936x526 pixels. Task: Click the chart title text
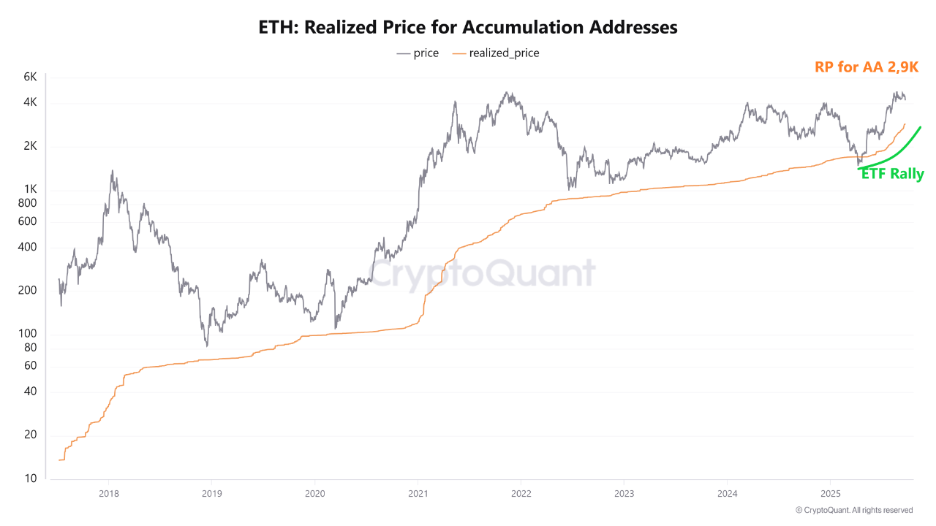pos(468,28)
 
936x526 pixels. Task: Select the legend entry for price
pos(418,53)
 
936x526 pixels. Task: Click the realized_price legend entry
pos(497,53)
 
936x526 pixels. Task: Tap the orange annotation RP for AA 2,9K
pos(866,67)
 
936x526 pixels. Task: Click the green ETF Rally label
pos(892,175)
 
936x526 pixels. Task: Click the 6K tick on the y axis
pos(30,77)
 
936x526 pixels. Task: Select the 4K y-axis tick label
pos(30,103)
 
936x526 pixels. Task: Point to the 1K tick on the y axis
pos(30,190)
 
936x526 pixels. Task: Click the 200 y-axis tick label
pos(28,291)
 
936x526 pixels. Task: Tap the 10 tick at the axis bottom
pos(30,479)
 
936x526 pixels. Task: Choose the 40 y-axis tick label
pos(30,392)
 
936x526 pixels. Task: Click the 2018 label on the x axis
pos(108,492)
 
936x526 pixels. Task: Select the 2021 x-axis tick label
pos(418,492)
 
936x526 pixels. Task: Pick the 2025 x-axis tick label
pos(830,492)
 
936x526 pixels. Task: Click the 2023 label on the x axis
pos(624,492)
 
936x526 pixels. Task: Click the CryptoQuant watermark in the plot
pos(483,274)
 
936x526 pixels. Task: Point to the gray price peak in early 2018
pos(112,172)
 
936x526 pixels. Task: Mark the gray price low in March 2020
pos(335,327)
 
